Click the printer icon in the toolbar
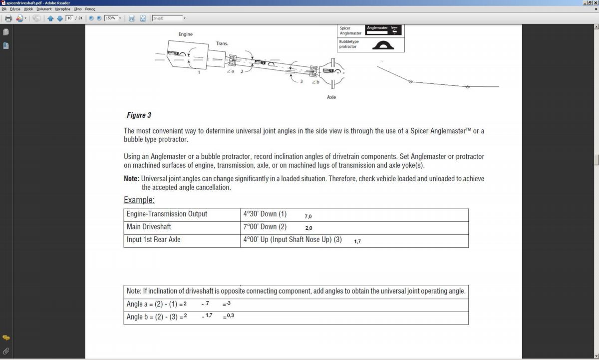click(x=8, y=18)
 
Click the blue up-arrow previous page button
click(x=50, y=18)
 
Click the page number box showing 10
click(x=69, y=18)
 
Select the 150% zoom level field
click(x=110, y=18)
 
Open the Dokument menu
click(x=44, y=9)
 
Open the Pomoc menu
click(x=90, y=9)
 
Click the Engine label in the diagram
click(x=186, y=34)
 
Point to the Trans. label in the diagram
click(x=222, y=43)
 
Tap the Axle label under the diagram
click(x=331, y=97)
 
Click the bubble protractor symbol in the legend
click(x=383, y=45)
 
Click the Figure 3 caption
click(x=139, y=115)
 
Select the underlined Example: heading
click(x=139, y=200)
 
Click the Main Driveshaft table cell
click(x=149, y=227)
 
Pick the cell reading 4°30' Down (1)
click(x=265, y=214)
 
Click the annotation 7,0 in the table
click(x=308, y=217)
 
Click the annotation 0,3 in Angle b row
click(x=230, y=316)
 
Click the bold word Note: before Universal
click(x=131, y=179)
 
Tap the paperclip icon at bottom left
click(x=6, y=351)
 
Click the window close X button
click(x=596, y=3)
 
